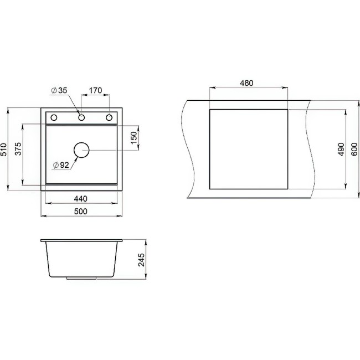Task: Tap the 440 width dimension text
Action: point(81,199)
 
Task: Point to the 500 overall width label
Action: point(81,212)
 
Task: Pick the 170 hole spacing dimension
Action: point(95,90)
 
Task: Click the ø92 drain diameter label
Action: point(60,165)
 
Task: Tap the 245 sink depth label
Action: point(141,259)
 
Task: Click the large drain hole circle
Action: point(81,150)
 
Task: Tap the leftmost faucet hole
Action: point(54,117)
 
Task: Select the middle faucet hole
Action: point(81,117)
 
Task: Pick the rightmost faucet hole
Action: point(109,117)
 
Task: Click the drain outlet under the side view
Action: point(81,279)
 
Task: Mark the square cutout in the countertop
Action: point(248,149)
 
